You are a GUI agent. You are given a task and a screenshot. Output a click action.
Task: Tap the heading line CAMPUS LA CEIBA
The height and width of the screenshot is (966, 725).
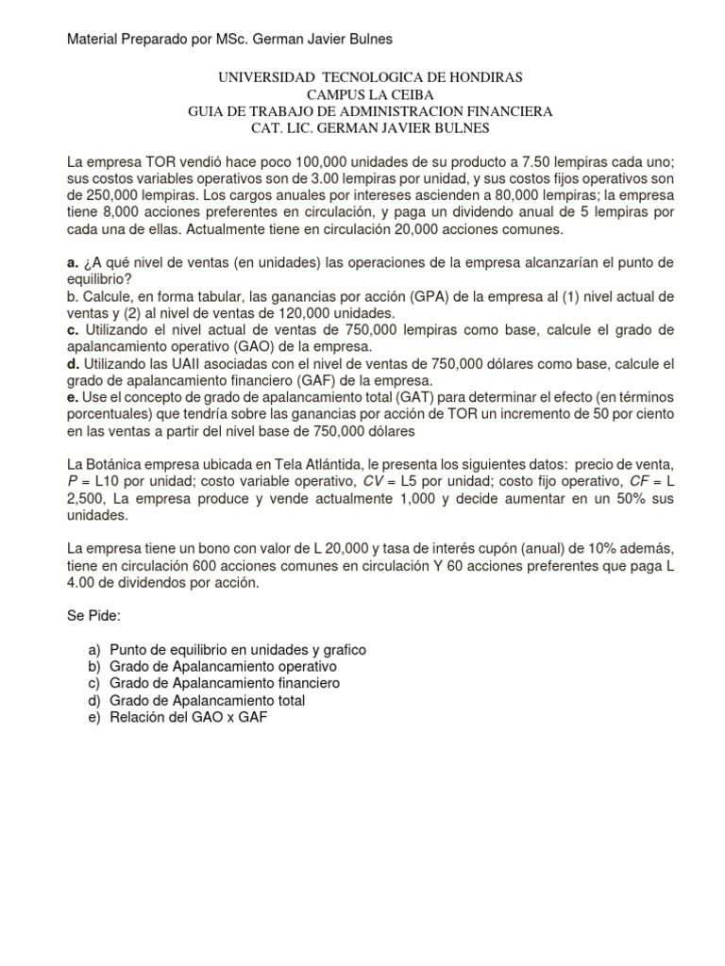(x=362, y=93)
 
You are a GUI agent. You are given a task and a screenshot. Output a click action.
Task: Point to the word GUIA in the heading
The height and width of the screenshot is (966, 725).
(x=208, y=111)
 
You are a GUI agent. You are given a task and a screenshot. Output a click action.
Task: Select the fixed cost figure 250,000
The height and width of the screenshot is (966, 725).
(x=113, y=196)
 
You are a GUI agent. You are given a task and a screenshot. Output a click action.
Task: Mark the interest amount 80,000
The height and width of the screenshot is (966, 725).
(x=459, y=196)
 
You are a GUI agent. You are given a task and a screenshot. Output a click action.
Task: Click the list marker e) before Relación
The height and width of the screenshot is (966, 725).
(x=93, y=718)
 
